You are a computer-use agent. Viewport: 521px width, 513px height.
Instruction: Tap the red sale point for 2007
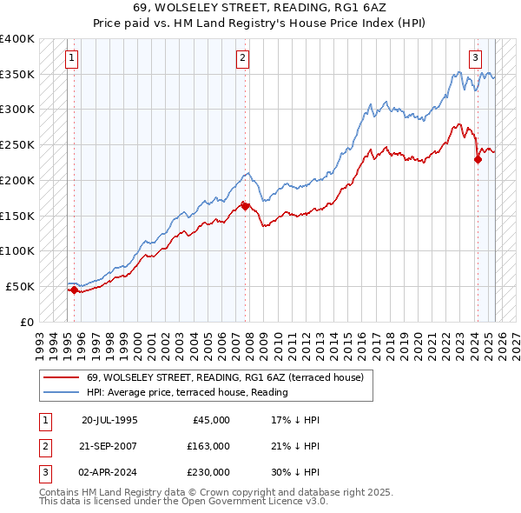pyautogui.click(x=246, y=206)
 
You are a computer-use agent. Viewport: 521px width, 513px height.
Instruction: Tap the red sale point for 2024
pyautogui.click(x=478, y=159)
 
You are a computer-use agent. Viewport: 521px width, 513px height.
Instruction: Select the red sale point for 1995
pyautogui.click(x=74, y=290)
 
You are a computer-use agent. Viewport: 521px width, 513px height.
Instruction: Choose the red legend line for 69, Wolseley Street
pyautogui.click(x=63, y=377)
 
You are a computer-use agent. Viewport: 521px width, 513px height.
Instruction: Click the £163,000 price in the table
pyautogui.click(x=208, y=446)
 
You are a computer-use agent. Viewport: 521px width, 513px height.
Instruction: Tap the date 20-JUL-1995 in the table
pyautogui.click(x=109, y=420)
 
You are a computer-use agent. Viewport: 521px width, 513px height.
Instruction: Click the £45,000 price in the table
pyautogui.click(x=211, y=420)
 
